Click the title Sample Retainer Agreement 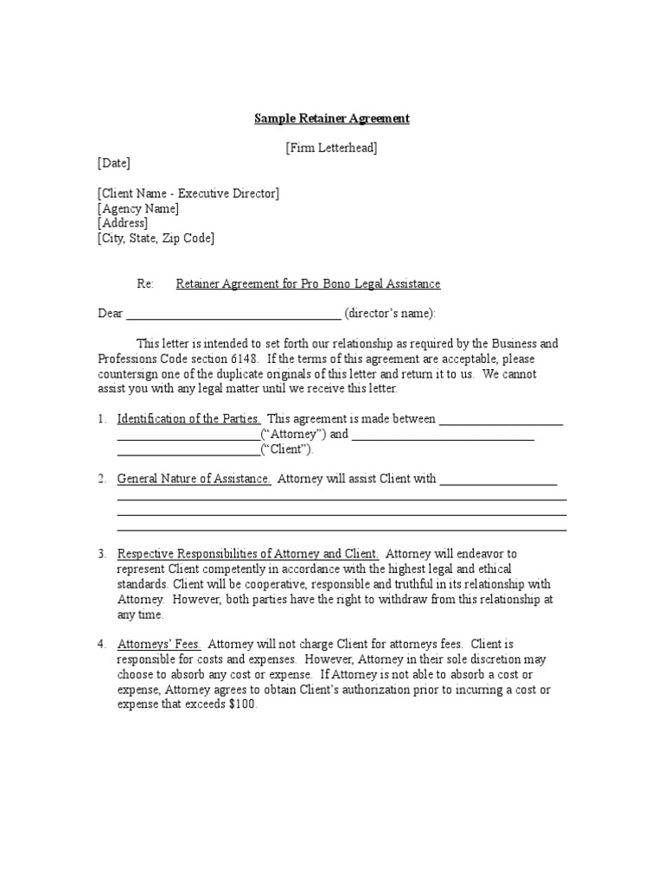[331, 118]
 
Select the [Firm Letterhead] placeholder [331, 148]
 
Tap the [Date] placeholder [114, 163]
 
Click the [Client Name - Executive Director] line [188, 194]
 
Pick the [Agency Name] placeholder [138, 209]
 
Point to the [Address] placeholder [123, 223]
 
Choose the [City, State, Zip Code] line [156, 239]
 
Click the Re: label [145, 283]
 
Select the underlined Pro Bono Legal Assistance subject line [308, 283]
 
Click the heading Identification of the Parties [188, 419]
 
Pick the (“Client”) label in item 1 [287, 449]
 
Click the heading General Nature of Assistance [194, 479]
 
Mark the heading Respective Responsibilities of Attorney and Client [247, 554]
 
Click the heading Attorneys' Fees [159, 644]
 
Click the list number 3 [101, 554]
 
